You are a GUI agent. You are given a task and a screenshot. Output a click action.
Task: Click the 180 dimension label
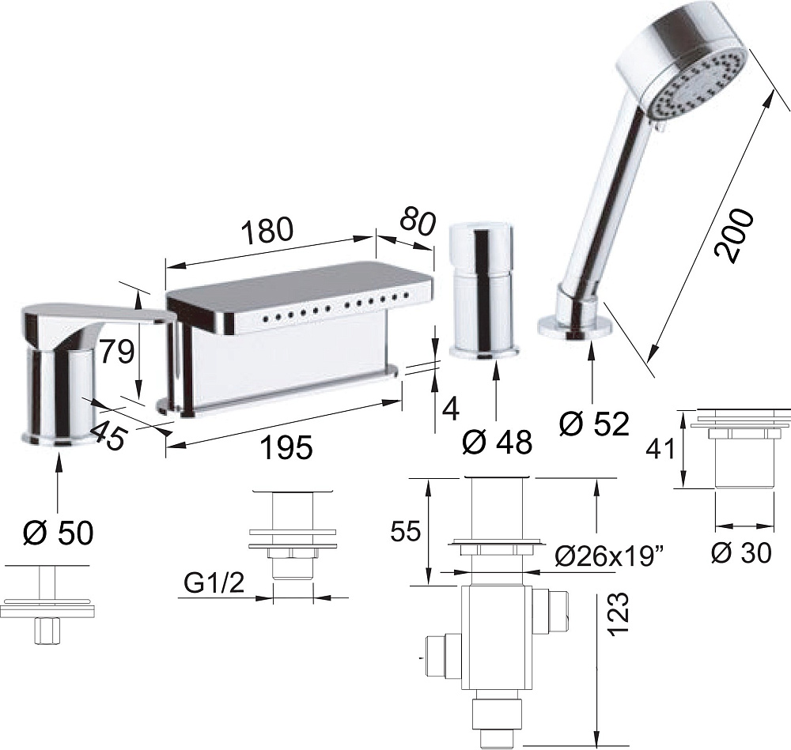point(267,229)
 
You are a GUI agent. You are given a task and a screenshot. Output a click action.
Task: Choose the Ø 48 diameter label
point(497,442)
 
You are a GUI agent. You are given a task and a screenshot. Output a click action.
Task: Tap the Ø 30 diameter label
point(741,553)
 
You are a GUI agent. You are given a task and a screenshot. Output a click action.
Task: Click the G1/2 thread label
point(214,584)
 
